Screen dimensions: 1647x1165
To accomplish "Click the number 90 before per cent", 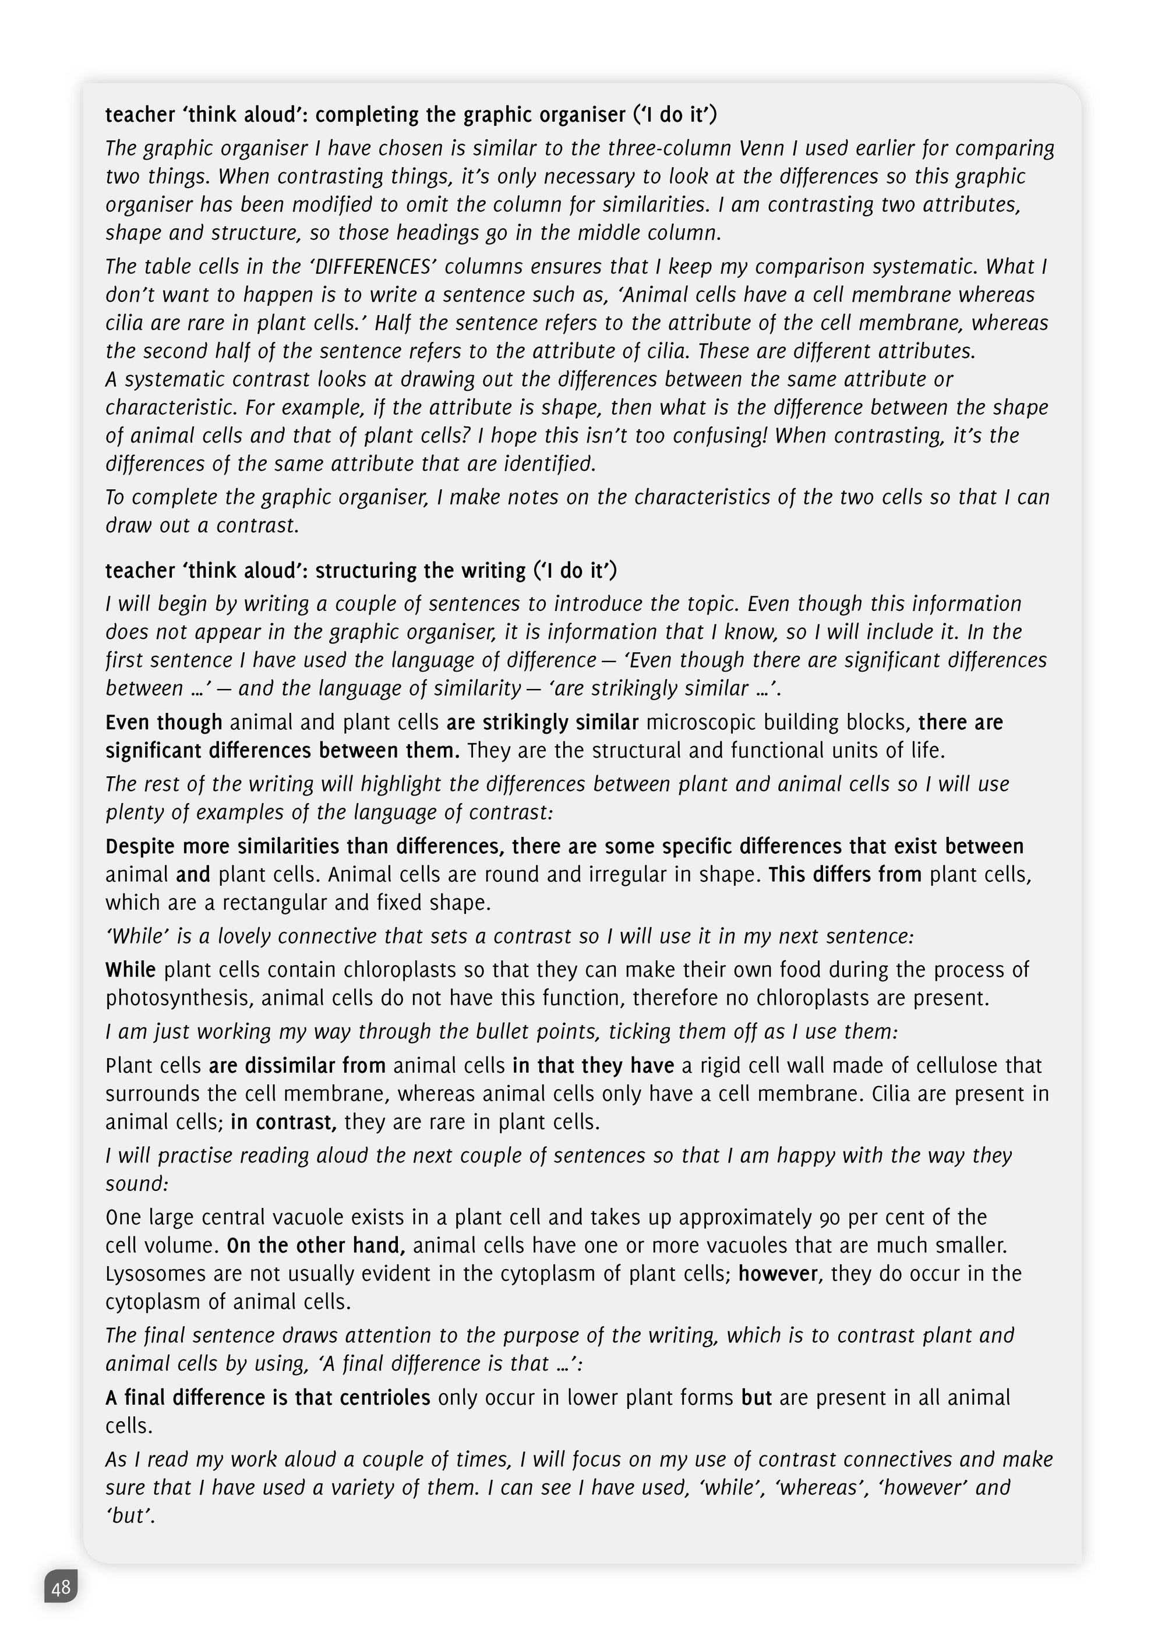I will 829,1217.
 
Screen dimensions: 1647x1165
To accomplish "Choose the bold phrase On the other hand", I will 316,1245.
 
